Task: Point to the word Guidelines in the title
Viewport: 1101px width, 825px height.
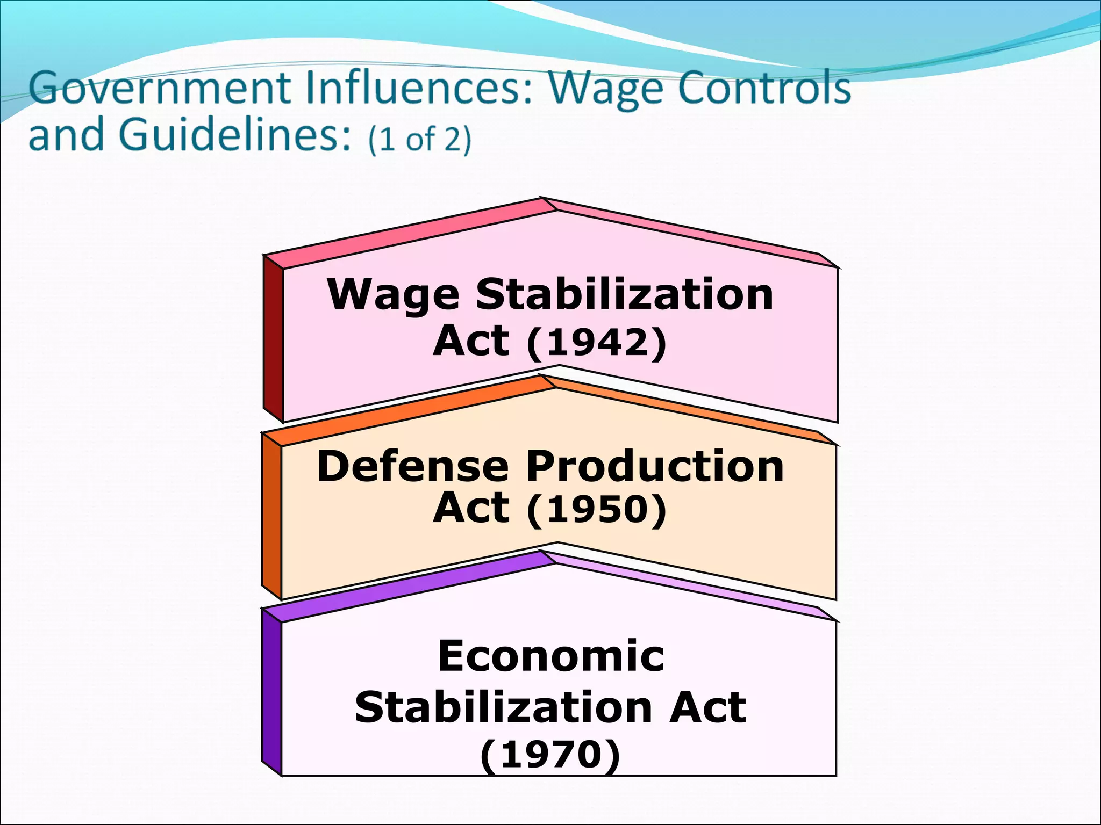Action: pyautogui.click(x=236, y=134)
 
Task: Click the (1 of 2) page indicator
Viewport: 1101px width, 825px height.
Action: pyautogui.click(x=420, y=139)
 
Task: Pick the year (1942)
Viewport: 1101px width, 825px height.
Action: pyautogui.click(x=597, y=342)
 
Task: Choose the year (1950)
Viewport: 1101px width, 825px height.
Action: pyautogui.click(x=597, y=509)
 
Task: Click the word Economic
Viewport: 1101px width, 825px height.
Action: pyautogui.click(x=551, y=656)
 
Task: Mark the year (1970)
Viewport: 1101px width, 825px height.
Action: pyautogui.click(x=550, y=755)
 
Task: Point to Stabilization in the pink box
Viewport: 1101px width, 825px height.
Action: pyautogui.click(x=625, y=295)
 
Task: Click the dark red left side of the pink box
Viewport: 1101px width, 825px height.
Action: pyautogui.click(x=273, y=338)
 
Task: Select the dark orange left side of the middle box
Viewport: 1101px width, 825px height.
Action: pyautogui.click(x=271, y=516)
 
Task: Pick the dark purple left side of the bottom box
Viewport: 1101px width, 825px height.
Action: pyautogui.click(x=271, y=693)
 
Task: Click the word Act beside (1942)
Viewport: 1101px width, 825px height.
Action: pyautogui.click(x=471, y=341)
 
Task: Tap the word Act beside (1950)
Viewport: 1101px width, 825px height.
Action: pyautogui.click(x=471, y=508)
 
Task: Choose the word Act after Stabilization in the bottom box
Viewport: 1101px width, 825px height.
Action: pyautogui.click(x=707, y=707)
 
